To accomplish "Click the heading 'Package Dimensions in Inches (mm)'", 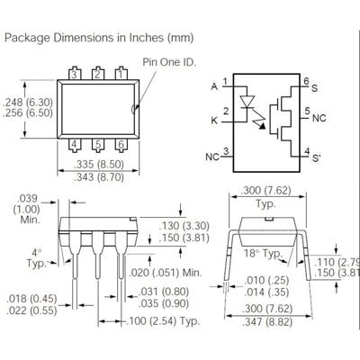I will point(98,38).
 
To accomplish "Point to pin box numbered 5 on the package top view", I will point(98,144).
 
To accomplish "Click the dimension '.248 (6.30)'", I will point(30,102).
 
